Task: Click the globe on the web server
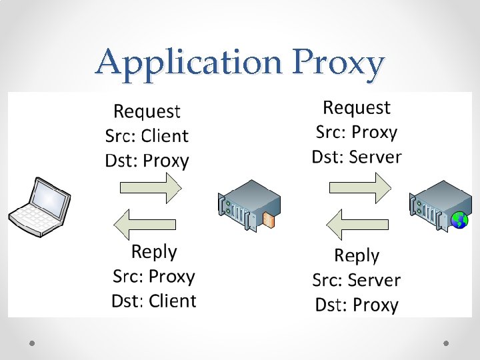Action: [459, 219]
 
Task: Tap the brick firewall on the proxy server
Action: [267, 219]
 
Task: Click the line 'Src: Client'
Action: [147, 136]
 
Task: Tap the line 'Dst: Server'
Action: [357, 157]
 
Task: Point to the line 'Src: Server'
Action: [357, 280]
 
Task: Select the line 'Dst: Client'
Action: [154, 301]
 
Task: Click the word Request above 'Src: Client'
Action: [147, 111]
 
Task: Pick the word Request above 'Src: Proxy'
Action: [357, 107]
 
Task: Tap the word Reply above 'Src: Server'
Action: [357, 255]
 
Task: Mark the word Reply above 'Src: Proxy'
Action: [154, 251]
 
